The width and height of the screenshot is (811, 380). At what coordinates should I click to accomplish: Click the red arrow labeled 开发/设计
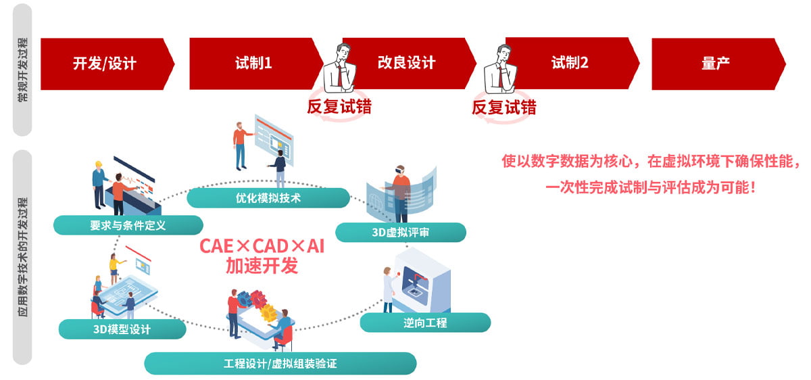point(107,64)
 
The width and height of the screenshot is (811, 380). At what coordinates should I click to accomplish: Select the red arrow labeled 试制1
point(256,64)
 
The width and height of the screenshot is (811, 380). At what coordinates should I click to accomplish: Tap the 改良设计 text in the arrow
point(406,63)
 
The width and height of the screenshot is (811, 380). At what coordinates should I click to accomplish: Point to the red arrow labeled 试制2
point(572,63)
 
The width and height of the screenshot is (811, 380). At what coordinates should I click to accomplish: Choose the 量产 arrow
point(718,64)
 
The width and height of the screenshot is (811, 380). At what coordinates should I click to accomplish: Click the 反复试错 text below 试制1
point(339,107)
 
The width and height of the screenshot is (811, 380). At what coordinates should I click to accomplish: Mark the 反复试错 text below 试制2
point(503,108)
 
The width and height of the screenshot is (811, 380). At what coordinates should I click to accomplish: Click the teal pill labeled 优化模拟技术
point(268,198)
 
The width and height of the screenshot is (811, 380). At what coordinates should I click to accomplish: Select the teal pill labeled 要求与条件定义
point(128,225)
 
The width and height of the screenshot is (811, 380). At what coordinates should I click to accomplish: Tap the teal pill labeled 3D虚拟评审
point(401,232)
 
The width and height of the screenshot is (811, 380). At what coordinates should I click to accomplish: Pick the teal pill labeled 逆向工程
point(425,323)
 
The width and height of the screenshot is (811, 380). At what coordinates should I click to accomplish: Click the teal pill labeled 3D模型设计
point(122,329)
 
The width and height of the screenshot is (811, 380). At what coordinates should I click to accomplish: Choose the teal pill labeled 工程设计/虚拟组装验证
point(280,363)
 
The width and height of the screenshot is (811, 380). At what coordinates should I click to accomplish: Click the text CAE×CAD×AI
point(262,246)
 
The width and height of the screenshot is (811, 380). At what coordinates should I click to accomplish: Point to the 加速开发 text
point(262,266)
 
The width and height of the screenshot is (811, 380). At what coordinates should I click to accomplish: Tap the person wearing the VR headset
point(399,194)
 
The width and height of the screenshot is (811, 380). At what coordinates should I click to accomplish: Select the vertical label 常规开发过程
point(22,69)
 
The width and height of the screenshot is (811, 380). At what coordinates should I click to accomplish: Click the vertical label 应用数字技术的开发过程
point(22,256)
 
